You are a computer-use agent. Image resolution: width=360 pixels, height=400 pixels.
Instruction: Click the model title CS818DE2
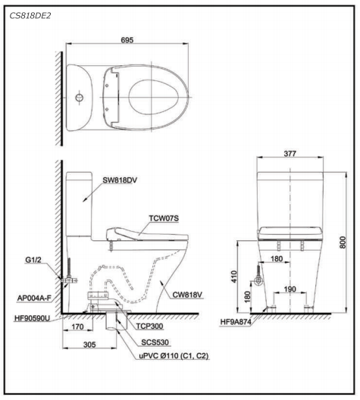tap(30, 16)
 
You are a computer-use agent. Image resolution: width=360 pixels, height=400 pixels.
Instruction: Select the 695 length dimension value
tap(127, 40)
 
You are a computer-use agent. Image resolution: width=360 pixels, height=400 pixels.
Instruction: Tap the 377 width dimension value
tap(290, 154)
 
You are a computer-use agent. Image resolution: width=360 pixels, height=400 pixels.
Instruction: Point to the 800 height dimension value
tap(343, 242)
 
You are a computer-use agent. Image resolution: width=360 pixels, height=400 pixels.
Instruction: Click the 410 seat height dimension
tap(234, 277)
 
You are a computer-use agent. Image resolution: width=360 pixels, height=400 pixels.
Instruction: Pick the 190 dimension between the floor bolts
tap(290, 289)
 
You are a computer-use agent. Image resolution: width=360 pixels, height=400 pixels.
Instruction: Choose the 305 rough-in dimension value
tap(89, 345)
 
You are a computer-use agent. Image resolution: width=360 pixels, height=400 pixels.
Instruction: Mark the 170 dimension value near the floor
tap(77, 327)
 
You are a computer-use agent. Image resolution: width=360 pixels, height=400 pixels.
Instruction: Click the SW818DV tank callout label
tap(120, 180)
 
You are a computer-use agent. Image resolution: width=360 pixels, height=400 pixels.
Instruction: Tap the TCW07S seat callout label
tap(164, 218)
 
